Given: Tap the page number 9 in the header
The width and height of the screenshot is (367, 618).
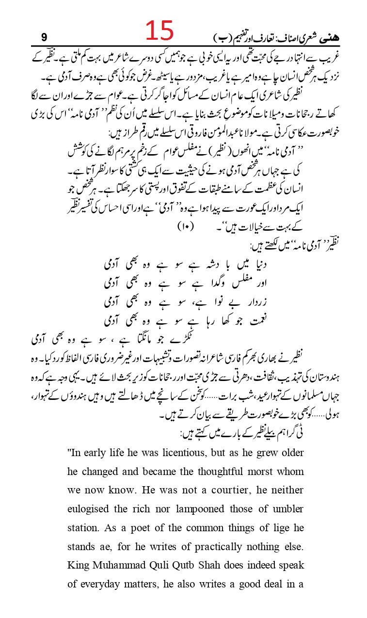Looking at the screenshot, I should [x=44, y=36].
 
